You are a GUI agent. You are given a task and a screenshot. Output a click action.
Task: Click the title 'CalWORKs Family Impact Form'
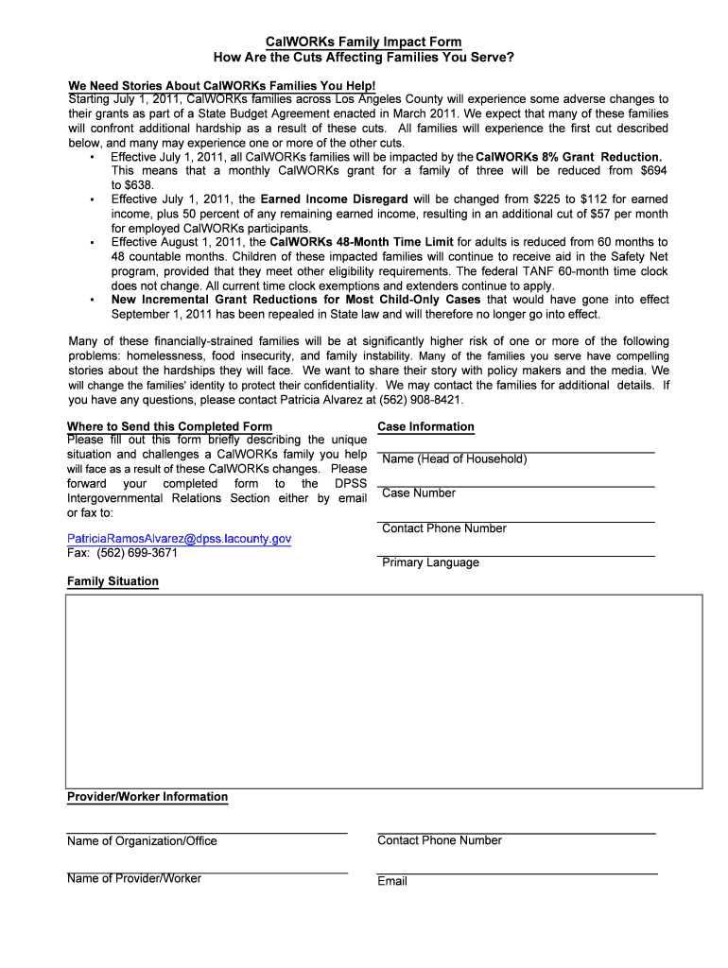tap(363, 42)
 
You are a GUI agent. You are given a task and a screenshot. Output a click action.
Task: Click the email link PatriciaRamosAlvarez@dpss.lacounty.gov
tap(179, 538)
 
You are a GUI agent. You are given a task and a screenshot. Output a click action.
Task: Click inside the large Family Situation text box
tap(383, 691)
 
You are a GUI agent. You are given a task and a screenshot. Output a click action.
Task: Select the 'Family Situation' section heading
tap(113, 581)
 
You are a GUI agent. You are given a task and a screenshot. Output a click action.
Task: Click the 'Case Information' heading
tap(425, 426)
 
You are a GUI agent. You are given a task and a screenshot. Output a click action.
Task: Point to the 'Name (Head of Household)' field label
tap(454, 459)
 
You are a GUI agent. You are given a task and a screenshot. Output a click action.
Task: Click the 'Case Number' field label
tap(418, 493)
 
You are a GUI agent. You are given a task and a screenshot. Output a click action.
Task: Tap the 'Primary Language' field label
tap(430, 562)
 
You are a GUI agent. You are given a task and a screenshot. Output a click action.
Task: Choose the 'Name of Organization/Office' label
tap(142, 841)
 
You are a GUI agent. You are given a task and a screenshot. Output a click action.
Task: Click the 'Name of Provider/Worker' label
tap(134, 878)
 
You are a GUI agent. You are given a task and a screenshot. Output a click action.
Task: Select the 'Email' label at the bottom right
tap(392, 881)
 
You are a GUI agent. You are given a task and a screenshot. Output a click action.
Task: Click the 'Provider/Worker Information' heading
tap(147, 797)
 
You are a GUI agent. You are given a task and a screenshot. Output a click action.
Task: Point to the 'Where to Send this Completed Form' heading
tap(169, 426)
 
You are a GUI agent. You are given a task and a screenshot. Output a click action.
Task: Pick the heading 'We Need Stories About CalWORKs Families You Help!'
tap(221, 86)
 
